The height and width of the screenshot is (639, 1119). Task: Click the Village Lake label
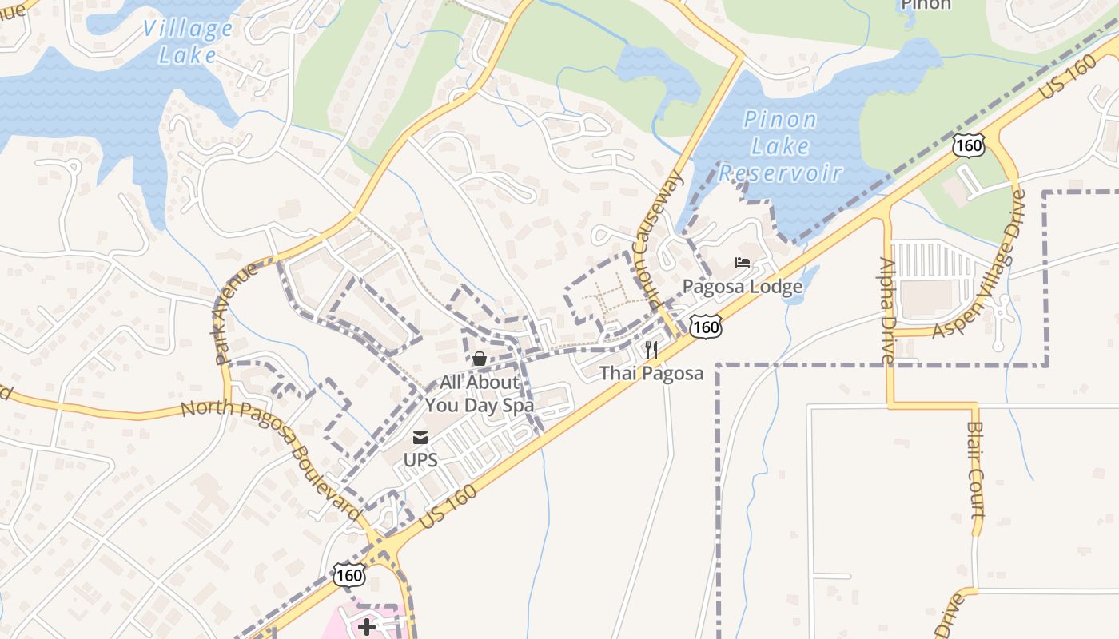coord(187,42)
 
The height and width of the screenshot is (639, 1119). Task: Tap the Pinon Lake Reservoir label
coord(780,146)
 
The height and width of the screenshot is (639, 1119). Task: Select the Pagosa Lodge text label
coord(742,287)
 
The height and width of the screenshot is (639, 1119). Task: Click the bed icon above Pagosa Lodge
coord(743,262)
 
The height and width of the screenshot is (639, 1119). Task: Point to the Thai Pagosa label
coord(651,373)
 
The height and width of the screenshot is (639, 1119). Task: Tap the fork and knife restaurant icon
coord(651,350)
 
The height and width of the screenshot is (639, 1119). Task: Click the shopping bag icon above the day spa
coord(480,359)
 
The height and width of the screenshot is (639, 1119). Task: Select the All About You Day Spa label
coord(480,394)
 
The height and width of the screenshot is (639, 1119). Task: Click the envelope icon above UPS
coord(420,438)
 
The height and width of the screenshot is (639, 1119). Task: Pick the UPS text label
coord(420,461)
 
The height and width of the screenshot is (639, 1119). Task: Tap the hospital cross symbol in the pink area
coord(367,626)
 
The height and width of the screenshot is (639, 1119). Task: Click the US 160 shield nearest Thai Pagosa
coord(707,326)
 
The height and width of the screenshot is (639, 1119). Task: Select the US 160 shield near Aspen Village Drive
coord(968,145)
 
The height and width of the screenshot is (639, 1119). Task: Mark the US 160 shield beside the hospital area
coord(349,575)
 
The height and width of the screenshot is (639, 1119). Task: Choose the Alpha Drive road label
coord(888,311)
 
